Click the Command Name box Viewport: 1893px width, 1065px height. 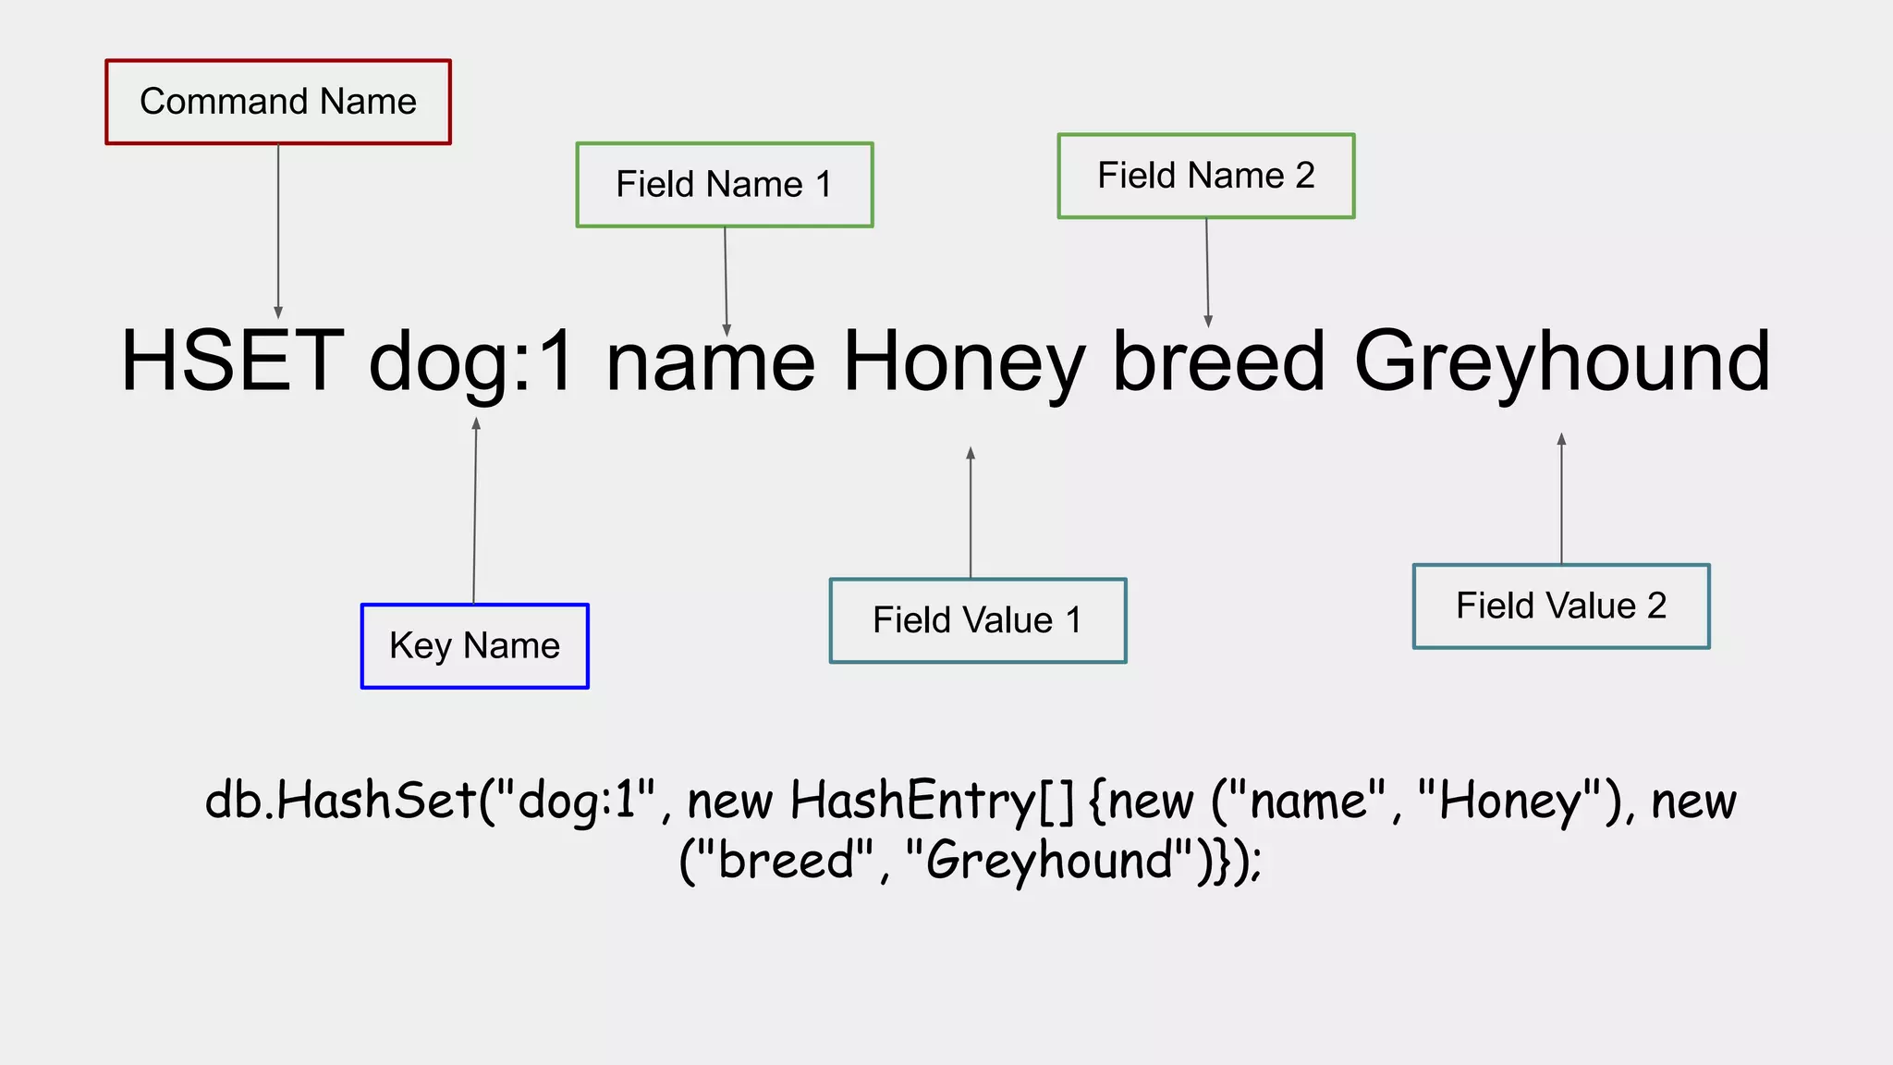(x=278, y=102)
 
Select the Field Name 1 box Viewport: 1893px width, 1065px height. (x=724, y=185)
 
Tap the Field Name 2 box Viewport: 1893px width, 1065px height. (x=1205, y=176)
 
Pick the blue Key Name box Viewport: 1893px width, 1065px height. (x=474, y=645)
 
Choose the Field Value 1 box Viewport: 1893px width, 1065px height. (x=977, y=620)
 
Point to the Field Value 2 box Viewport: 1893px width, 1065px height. (x=1560, y=606)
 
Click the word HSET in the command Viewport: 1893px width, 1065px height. (x=232, y=361)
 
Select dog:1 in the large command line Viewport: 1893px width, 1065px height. (x=472, y=363)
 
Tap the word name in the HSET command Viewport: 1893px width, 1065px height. (x=710, y=363)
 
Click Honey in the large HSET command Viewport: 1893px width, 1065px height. (x=964, y=363)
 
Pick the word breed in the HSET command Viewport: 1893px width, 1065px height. (x=1219, y=361)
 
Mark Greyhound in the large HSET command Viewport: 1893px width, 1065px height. (x=1561, y=363)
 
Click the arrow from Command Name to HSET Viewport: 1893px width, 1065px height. (x=278, y=231)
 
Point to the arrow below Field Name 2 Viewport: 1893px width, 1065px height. (x=1207, y=272)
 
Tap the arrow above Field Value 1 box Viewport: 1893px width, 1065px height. (x=971, y=513)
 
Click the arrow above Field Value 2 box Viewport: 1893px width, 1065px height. (x=1561, y=498)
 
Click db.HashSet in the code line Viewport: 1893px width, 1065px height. (x=341, y=801)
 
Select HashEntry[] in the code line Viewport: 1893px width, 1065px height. (x=932, y=801)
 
